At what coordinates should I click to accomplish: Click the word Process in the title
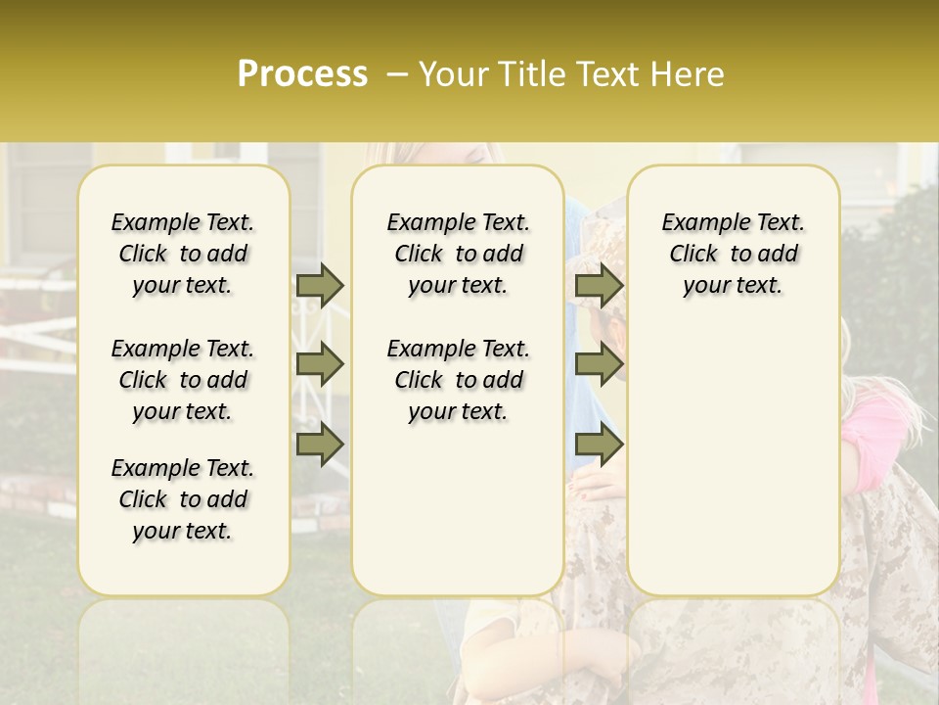click(x=302, y=74)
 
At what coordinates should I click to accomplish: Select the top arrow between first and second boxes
click(x=320, y=285)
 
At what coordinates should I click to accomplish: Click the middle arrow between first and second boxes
click(x=320, y=364)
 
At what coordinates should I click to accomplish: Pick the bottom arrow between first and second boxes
click(x=320, y=444)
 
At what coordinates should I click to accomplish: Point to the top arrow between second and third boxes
click(x=599, y=285)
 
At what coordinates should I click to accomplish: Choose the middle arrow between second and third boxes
click(x=599, y=364)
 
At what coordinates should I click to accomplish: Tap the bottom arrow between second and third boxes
click(x=599, y=444)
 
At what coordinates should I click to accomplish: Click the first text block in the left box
click(x=183, y=254)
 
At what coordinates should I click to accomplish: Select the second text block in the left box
click(x=183, y=380)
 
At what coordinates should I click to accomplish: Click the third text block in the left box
click(x=183, y=499)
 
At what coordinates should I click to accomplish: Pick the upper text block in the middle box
click(x=458, y=254)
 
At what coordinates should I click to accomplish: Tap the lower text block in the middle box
click(x=458, y=380)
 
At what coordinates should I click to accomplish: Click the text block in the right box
click(x=733, y=254)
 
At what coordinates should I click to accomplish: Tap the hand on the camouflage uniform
click(x=591, y=486)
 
